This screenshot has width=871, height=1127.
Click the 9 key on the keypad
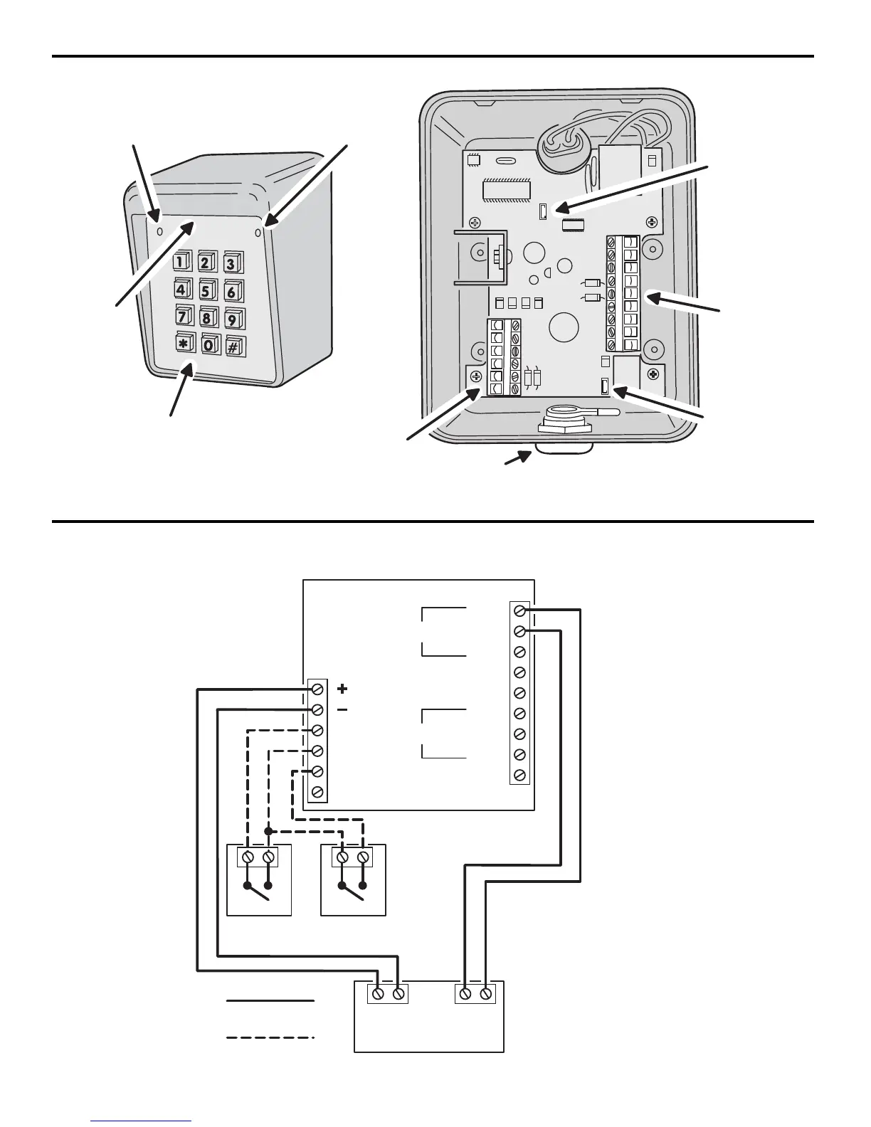pos(233,317)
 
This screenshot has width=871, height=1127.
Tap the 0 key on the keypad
pos(209,345)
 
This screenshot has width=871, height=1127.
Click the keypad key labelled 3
pos(231,263)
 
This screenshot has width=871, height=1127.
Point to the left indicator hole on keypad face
pos(159,232)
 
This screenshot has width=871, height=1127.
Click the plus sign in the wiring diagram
pos(342,689)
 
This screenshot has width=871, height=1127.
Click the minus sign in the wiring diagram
pos(342,710)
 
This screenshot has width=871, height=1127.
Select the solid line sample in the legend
pos(270,1001)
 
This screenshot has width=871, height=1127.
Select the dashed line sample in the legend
pos(270,1038)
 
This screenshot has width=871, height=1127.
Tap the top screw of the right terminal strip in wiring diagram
pos(520,610)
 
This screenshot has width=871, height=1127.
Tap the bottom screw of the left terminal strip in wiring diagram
pos(318,792)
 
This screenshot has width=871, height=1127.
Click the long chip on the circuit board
pos(507,190)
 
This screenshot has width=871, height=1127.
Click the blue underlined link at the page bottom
pos(141,1121)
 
